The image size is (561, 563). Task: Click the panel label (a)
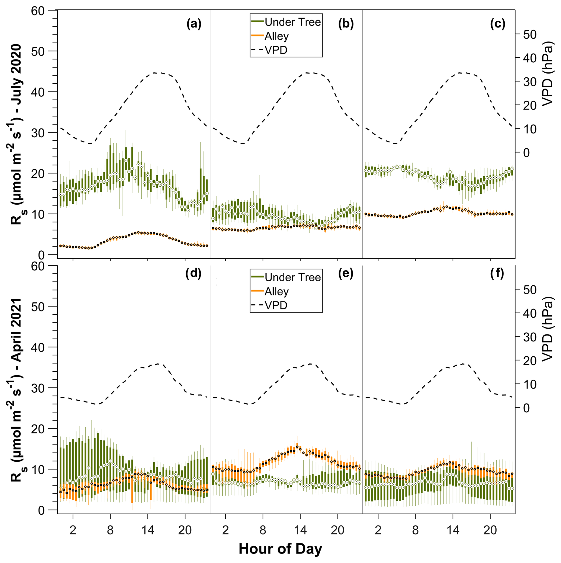[x=194, y=24]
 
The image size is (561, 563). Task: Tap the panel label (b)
[x=346, y=24]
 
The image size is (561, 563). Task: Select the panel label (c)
[x=498, y=24]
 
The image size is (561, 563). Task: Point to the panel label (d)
[x=193, y=273]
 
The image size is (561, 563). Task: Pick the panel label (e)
[x=346, y=273]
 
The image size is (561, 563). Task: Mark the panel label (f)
[x=497, y=273]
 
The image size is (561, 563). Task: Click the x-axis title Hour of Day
[x=280, y=549]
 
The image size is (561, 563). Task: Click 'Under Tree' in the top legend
[x=292, y=22]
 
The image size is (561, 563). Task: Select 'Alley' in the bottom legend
[x=276, y=292]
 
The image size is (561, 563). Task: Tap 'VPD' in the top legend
[x=276, y=50]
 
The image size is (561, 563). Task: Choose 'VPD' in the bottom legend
[x=276, y=305]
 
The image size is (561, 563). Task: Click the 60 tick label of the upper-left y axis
[x=38, y=11]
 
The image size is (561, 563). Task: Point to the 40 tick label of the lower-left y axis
[x=38, y=347]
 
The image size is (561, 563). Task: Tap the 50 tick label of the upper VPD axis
[x=530, y=34]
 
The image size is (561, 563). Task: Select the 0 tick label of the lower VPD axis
[x=526, y=408]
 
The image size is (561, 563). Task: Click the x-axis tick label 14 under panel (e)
[x=300, y=530]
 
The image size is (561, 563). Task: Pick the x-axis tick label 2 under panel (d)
[x=73, y=530]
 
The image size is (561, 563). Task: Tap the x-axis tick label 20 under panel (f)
[x=490, y=530]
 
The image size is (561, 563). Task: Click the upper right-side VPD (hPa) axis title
[x=548, y=73]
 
